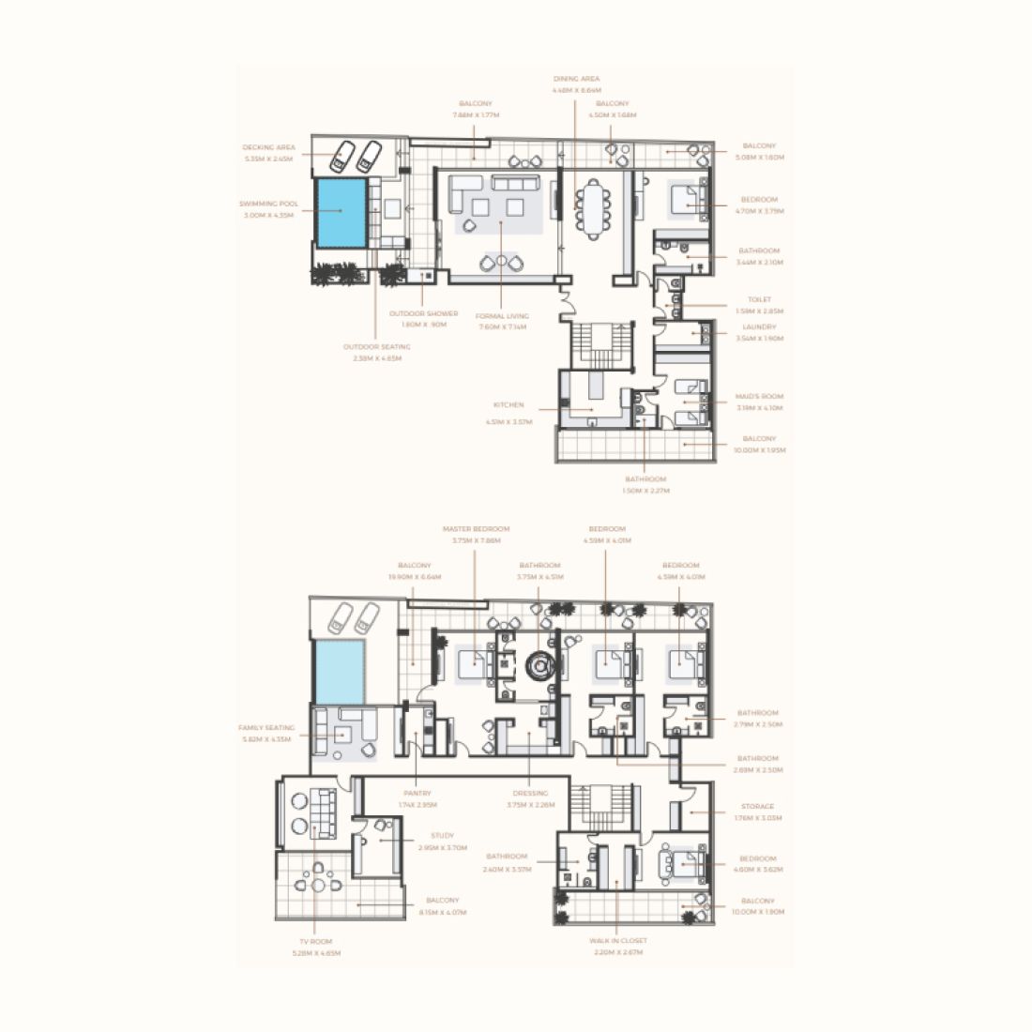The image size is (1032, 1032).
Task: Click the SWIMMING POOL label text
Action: point(269,203)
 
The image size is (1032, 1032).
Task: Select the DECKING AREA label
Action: point(269,147)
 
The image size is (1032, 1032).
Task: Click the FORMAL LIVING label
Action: point(503,316)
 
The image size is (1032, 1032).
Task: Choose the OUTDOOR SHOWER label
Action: point(425,313)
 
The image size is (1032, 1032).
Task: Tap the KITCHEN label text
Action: point(508,405)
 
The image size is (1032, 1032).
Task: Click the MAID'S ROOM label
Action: point(759,397)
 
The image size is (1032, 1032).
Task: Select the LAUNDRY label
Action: point(759,327)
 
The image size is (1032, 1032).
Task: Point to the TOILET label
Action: point(759,300)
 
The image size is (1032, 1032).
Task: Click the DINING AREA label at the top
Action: point(576,79)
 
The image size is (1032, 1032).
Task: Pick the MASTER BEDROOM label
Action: point(476,529)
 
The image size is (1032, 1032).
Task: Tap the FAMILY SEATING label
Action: point(266,728)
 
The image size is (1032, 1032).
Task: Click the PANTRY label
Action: point(417,794)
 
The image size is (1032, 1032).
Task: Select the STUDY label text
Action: point(443,835)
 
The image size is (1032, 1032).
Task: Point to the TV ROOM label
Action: point(315,941)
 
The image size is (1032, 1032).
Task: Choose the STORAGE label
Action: point(758,807)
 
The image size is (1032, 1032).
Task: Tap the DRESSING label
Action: point(530,794)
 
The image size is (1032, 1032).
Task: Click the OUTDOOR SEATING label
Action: point(376,346)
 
